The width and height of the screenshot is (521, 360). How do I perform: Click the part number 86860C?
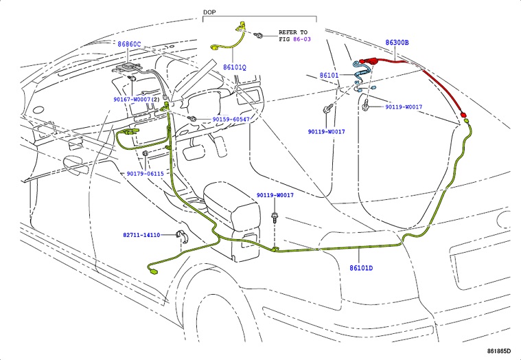pos(128,44)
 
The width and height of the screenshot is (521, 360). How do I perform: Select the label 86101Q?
pos(234,67)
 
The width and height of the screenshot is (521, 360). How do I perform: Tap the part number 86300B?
pos(397,43)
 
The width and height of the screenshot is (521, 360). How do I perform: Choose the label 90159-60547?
pos(231,120)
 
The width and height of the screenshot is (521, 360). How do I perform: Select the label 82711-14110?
pos(141,235)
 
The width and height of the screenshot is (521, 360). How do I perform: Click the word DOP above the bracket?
pos(210,13)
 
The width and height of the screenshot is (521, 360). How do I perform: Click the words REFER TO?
pos(293,32)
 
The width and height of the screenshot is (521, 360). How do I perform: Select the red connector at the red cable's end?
pos(463,115)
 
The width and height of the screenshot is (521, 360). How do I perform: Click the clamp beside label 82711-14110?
pos(183,238)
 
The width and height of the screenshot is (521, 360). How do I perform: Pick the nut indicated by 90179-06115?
pos(146,153)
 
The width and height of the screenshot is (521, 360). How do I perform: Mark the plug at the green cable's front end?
pos(152,275)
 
